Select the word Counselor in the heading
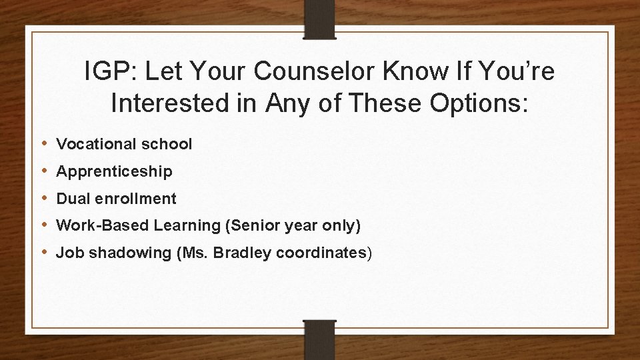point(312,72)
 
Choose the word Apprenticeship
point(114,171)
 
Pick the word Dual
point(71,199)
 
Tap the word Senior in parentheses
point(253,226)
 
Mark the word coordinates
point(321,253)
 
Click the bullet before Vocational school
point(44,143)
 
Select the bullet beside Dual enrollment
point(44,198)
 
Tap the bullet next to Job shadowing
point(44,253)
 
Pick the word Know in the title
point(404,72)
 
